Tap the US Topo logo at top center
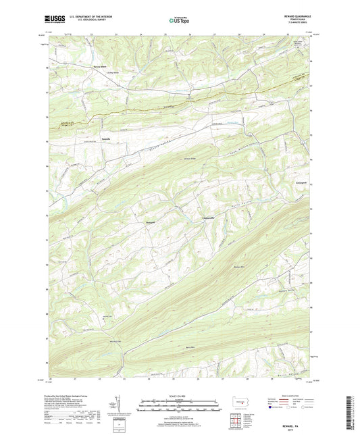click(x=174, y=21)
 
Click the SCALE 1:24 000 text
click(x=179, y=395)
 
